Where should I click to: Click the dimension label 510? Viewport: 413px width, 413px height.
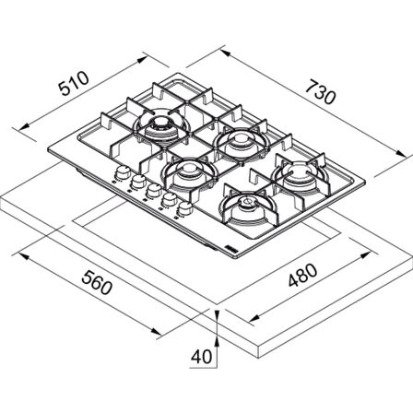(74, 83)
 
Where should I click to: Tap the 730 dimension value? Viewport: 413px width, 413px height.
(320, 92)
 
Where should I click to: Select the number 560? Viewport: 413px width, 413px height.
(97, 282)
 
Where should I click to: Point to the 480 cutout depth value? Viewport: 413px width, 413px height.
(303, 275)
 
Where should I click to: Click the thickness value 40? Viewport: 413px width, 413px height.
(202, 357)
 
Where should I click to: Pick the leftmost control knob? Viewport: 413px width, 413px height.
(123, 172)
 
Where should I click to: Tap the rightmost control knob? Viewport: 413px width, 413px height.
(184, 208)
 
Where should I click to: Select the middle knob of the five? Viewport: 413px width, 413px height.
(153, 191)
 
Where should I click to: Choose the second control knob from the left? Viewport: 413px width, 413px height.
(138, 182)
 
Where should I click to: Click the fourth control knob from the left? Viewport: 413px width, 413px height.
(169, 200)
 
